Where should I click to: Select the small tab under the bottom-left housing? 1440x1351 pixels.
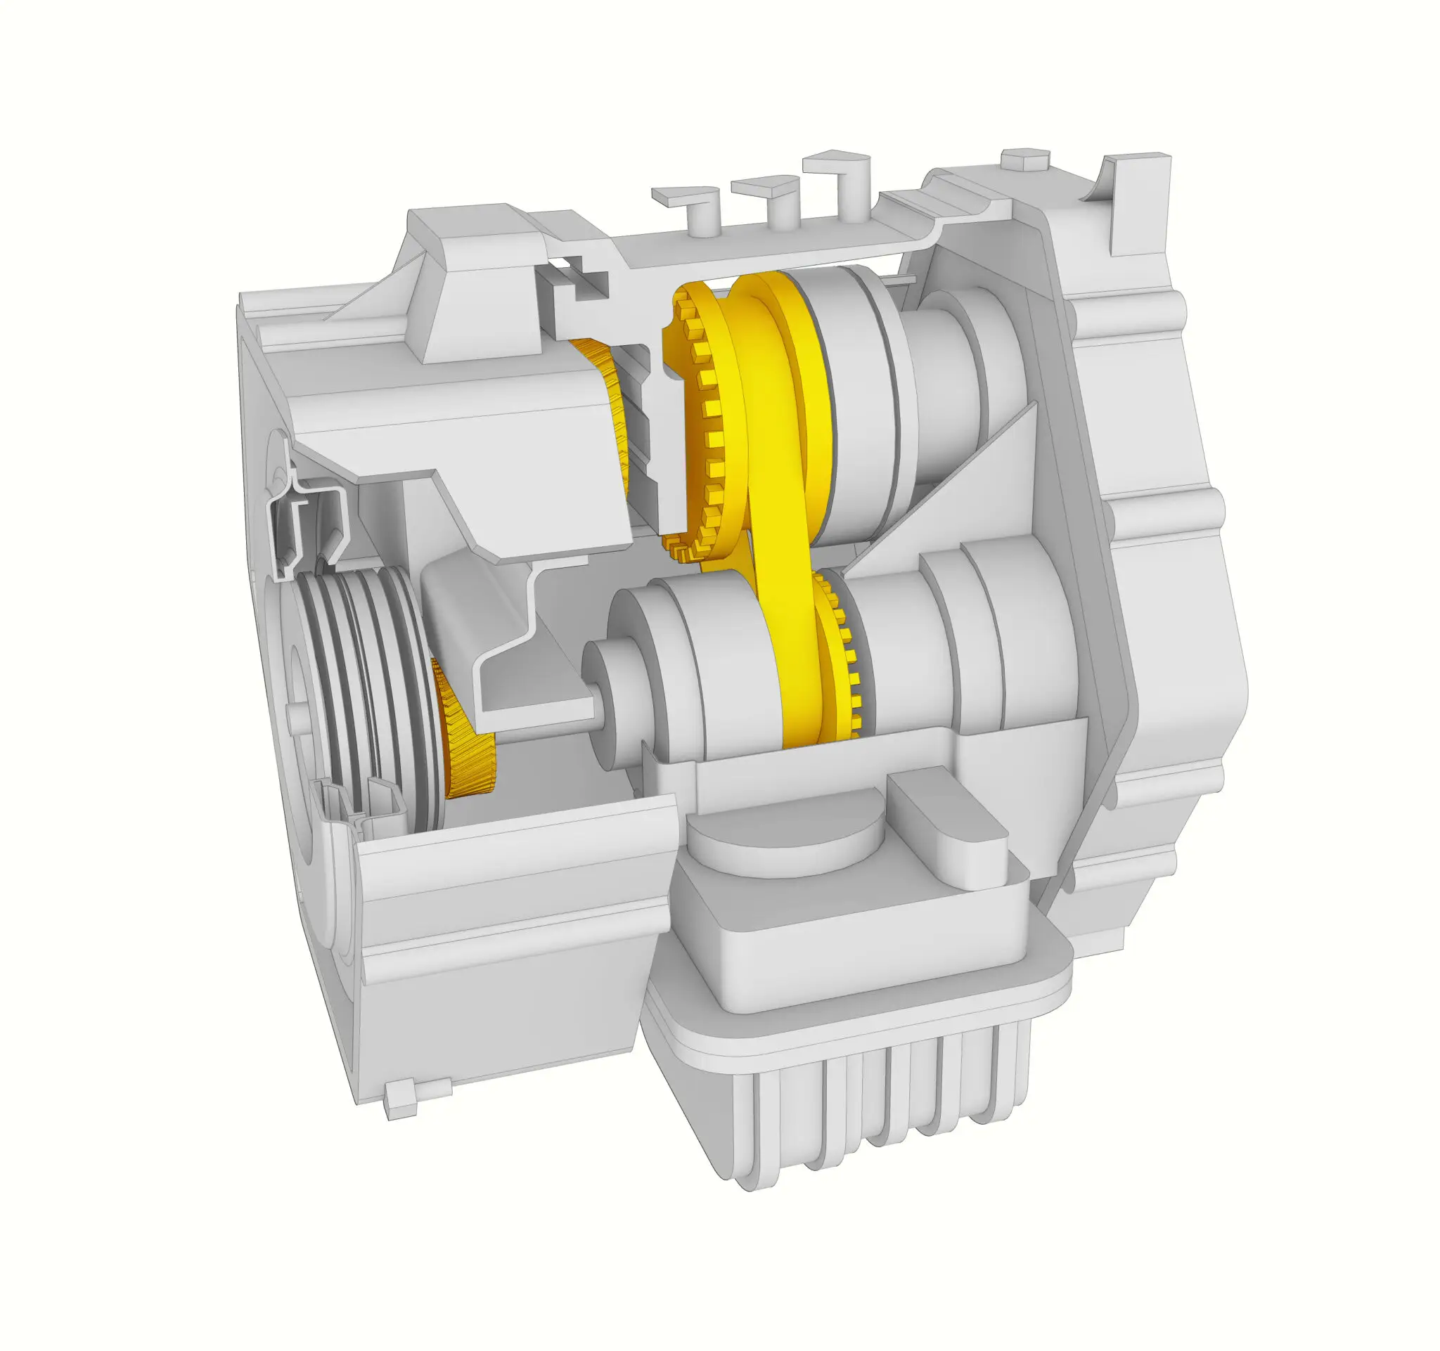(x=403, y=1100)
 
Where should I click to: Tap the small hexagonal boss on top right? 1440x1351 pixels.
(x=1025, y=160)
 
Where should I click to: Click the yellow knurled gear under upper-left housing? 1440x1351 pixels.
(x=612, y=406)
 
